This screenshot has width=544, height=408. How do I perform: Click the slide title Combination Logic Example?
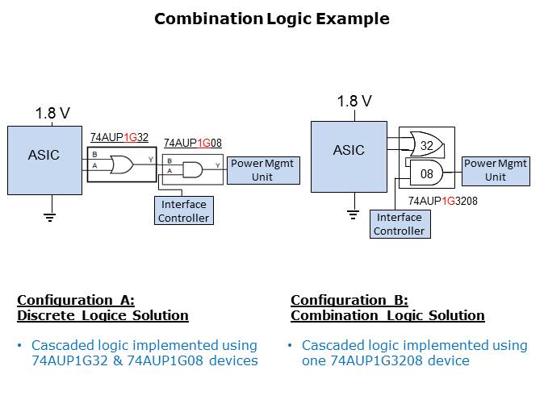point(271,19)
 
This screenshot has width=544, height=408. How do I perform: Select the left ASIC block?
point(44,160)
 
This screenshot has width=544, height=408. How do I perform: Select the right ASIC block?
point(349,156)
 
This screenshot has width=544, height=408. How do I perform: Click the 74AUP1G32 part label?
point(119,137)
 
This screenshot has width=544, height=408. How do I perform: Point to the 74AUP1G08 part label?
point(192,144)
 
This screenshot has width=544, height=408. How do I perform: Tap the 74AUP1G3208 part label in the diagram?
point(442,201)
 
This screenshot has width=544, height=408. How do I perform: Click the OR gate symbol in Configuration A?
point(122,165)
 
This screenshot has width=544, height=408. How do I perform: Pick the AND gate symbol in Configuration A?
point(193,169)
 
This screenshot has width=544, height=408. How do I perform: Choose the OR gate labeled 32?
point(425,146)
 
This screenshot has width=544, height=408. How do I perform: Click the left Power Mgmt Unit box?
point(262,170)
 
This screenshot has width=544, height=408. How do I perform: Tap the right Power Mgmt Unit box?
point(496,170)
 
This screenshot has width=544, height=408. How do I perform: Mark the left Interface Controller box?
point(184,211)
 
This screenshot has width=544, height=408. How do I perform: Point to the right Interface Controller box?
point(399,223)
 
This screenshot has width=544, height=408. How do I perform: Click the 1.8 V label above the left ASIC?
point(52,114)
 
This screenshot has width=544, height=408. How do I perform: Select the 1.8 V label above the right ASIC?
point(354,102)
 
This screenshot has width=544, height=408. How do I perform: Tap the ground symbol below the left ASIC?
point(49,216)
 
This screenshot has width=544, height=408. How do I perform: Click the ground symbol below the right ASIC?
point(353,214)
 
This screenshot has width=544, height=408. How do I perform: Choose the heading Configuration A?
point(76,300)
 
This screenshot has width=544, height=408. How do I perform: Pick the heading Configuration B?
point(349,300)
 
